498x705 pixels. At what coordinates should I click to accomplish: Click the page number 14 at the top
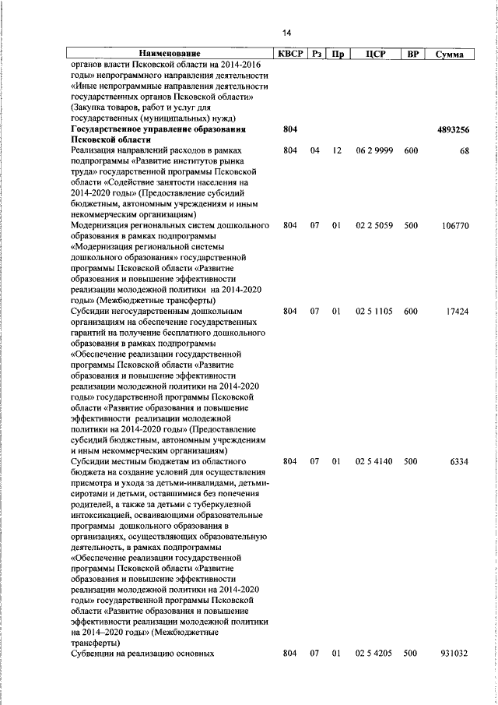[x=286, y=33]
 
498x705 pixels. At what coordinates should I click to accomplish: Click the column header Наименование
[x=169, y=54]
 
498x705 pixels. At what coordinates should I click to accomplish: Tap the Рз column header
[x=316, y=54]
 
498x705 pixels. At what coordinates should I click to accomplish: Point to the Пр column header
[x=338, y=54]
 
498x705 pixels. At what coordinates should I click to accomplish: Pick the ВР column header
[x=412, y=54]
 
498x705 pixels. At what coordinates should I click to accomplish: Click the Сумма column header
[x=451, y=54]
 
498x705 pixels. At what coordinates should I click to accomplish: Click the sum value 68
[x=464, y=150]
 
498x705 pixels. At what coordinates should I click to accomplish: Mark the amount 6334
[x=458, y=462]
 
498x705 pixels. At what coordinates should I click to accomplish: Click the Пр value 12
[x=338, y=150]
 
